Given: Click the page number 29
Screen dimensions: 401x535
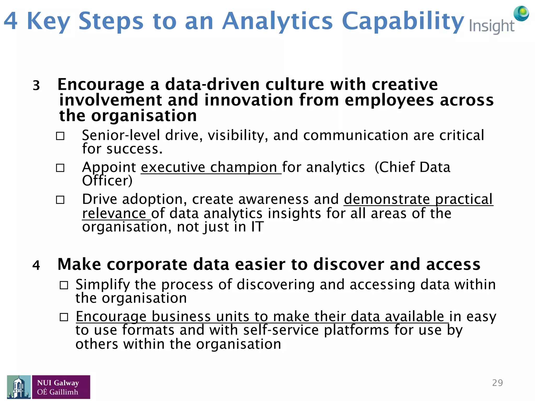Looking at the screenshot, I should pos(497,383).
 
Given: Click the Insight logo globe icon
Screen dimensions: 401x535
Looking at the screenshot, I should pos(521,13).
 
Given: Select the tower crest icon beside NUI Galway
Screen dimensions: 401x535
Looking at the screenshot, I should pos(19,387).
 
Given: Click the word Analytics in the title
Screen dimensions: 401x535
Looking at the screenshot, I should pos(277,21).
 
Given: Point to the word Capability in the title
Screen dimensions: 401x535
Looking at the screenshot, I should pos(403,21).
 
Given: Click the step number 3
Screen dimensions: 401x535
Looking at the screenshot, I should pos(36,86).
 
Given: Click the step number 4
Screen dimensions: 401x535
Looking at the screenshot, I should pos(36,265).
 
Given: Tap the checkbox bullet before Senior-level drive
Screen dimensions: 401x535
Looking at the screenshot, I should pos(60,136).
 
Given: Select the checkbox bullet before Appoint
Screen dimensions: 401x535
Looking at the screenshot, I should pos(60,168).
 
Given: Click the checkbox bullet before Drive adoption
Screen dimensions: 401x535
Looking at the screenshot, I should pos(60,200).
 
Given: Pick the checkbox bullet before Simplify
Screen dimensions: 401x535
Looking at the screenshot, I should pos(64,285).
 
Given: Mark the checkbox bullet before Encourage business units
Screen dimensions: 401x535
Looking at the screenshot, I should pos(64,317).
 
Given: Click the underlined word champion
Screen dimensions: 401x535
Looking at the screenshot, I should pos(243,168).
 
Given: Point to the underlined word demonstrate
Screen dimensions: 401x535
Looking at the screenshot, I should pos(387,199).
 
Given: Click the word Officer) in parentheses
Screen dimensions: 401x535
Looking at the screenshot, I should pos(107,181).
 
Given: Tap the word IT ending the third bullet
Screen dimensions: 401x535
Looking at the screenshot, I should pos(257,227).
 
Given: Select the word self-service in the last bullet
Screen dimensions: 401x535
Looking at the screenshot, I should pos(281,330).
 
